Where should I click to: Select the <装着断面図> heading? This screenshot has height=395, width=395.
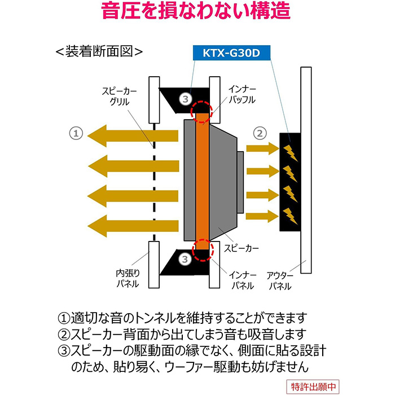[99, 51]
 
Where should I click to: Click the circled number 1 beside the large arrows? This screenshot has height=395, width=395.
[76, 133]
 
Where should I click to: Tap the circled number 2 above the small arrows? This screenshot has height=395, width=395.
[259, 133]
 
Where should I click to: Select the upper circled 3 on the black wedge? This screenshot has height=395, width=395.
[187, 99]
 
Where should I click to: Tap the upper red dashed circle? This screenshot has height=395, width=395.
[201, 112]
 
